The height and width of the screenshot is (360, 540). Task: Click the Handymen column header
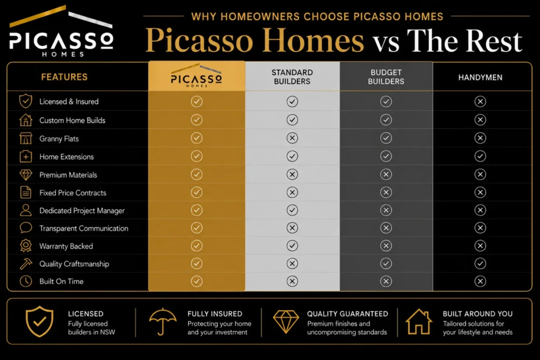pos(480,77)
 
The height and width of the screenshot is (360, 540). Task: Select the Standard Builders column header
pos(292,77)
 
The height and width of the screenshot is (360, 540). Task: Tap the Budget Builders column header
pos(386,77)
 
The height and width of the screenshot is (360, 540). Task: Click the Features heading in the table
pos(64,77)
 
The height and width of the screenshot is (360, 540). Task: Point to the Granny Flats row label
pos(59,139)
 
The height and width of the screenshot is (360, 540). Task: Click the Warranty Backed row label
pos(66,246)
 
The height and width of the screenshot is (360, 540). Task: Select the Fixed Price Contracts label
pos(73,193)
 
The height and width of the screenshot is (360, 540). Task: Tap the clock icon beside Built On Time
pos(26,281)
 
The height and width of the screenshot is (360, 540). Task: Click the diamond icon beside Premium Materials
pos(26,175)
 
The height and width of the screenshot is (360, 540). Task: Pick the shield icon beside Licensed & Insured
pos(26,101)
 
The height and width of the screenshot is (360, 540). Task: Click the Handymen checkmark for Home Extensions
pos(480,156)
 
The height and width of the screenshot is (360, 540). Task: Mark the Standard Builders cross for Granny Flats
pos(292,138)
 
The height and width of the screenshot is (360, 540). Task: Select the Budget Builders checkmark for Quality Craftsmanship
pos(386,264)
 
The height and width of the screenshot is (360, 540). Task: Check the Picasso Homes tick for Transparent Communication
pos(197,228)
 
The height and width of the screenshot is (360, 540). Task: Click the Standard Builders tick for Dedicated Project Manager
pos(292,210)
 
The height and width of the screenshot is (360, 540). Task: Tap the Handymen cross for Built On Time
pos(480,281)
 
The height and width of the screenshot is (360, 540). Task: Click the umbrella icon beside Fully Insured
pos(162,322)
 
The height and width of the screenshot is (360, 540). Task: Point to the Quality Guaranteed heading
pos(348,314)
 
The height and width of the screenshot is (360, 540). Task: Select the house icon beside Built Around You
pos(419,322)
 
